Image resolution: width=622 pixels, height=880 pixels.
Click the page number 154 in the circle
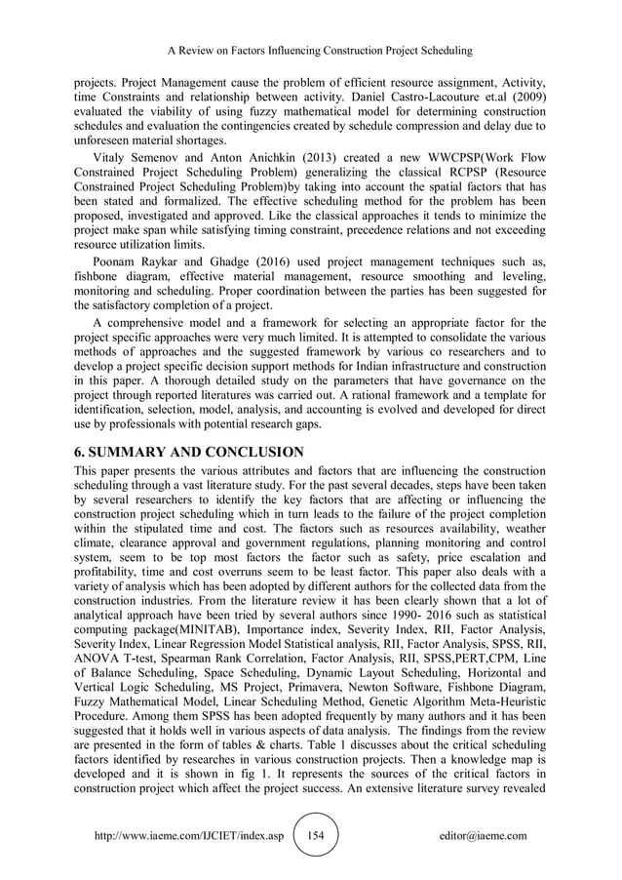coord(315,836)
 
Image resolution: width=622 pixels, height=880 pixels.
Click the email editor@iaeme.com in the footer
coord(484,836)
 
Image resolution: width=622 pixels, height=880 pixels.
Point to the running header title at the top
coord(310,49)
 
